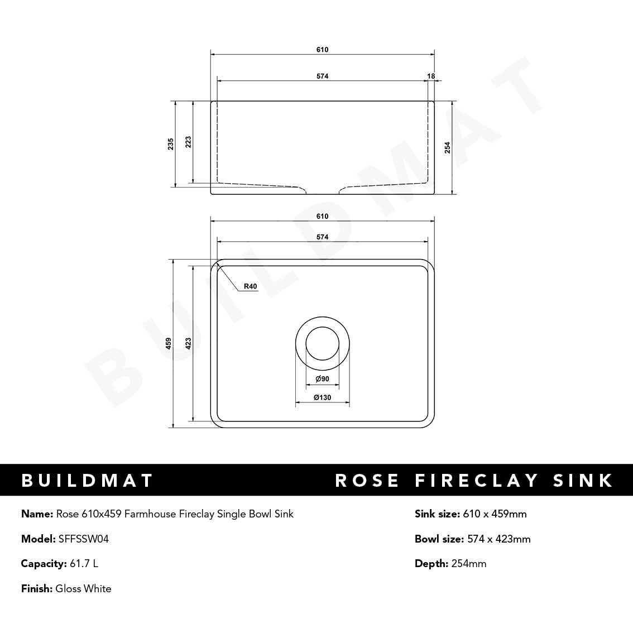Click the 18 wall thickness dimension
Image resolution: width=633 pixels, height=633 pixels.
point(431,76)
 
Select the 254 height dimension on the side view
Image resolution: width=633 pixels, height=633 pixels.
point(448,147)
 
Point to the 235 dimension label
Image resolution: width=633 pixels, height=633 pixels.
point(171,144)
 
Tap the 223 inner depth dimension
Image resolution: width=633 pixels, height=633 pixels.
point(189,142)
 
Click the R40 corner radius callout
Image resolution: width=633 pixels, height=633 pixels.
point(250,286)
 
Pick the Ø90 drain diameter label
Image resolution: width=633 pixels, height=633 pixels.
point(322,379)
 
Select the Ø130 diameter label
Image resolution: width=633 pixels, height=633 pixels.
point(322,397)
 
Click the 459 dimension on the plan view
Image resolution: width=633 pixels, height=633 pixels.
point(169,344)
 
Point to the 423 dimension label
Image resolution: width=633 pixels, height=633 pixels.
point(189,344)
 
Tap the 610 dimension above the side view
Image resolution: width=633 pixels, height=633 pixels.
point(322,50)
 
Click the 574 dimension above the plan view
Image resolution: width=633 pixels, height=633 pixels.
point(322,237)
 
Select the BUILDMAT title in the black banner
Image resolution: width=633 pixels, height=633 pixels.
point(87,480)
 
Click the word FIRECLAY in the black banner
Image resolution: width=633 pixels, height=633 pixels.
point(477,480)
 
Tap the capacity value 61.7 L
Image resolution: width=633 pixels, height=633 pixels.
point(84,563)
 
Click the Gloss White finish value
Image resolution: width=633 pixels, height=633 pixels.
point(83,588)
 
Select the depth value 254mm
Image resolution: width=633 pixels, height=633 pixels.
point(469,563)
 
